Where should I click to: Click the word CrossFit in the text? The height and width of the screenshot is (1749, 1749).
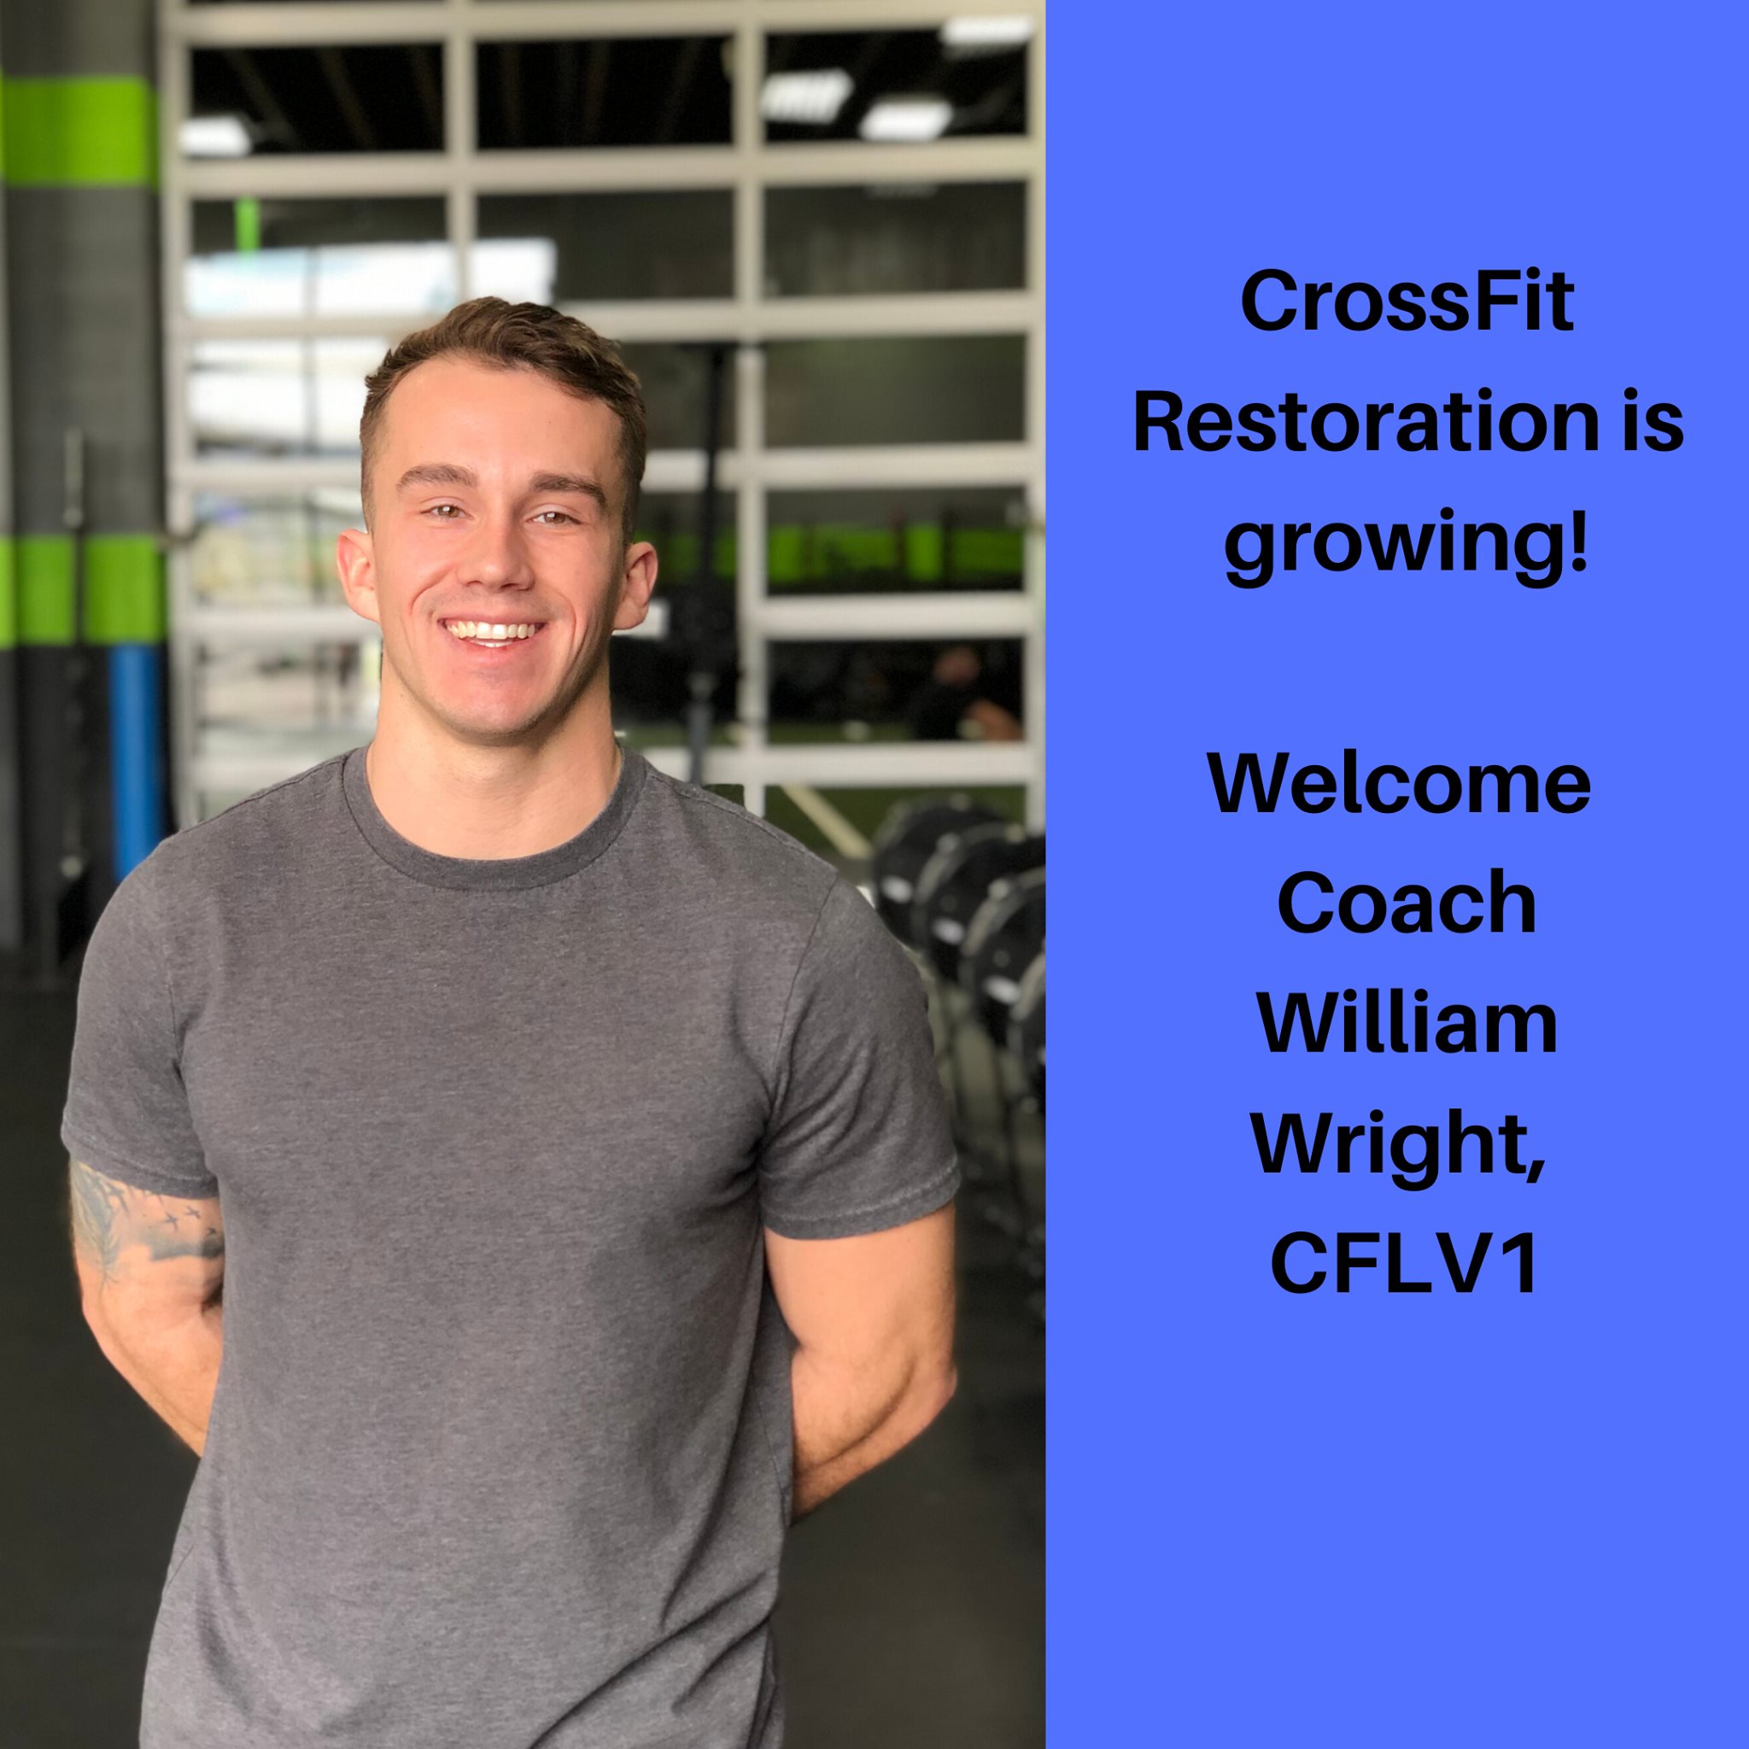point(1407,301)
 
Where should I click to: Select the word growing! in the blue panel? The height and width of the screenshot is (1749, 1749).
point(1407,547)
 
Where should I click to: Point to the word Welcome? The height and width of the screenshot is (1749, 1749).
point(1400,784)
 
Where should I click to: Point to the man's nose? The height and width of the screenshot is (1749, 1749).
point(494,558)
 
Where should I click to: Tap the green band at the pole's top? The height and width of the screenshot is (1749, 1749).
point(77,132)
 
